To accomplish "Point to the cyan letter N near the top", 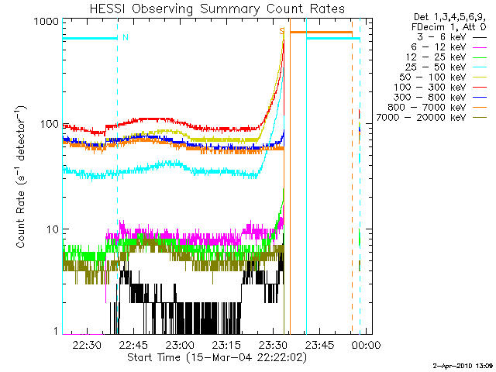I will (126, 36).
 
